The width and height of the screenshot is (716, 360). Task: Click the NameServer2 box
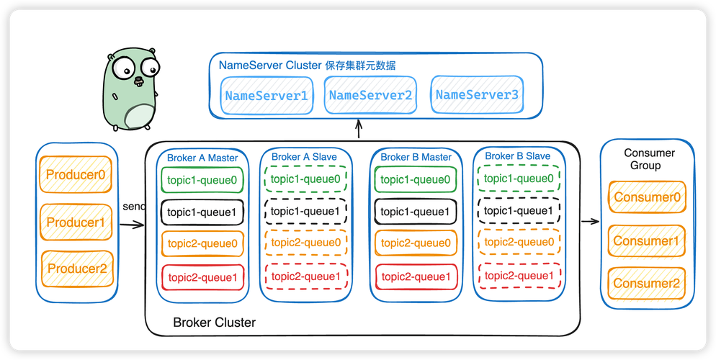coord(370,95)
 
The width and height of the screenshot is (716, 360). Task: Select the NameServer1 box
coord(267,95)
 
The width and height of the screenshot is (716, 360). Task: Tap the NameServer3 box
coord(477,94)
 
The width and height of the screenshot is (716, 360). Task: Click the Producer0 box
coord(76,174)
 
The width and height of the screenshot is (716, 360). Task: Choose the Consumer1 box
coord(646,241)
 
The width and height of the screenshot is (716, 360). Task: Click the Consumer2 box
coord(646,284)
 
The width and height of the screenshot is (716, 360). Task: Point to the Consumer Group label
coord(649,159)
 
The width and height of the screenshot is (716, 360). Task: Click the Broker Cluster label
coord(214,323)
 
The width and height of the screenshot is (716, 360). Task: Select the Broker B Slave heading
coord(517,156)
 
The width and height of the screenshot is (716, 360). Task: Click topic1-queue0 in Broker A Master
coord(202,180)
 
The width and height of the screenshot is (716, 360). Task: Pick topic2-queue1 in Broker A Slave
coord(306,276)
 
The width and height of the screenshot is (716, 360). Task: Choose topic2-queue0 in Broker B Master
coord(416,243)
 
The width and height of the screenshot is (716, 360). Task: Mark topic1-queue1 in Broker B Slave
coord(518,210)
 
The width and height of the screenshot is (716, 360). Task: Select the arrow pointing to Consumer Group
coord(590,220)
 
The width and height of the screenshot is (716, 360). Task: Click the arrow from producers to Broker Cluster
coord(132,225)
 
